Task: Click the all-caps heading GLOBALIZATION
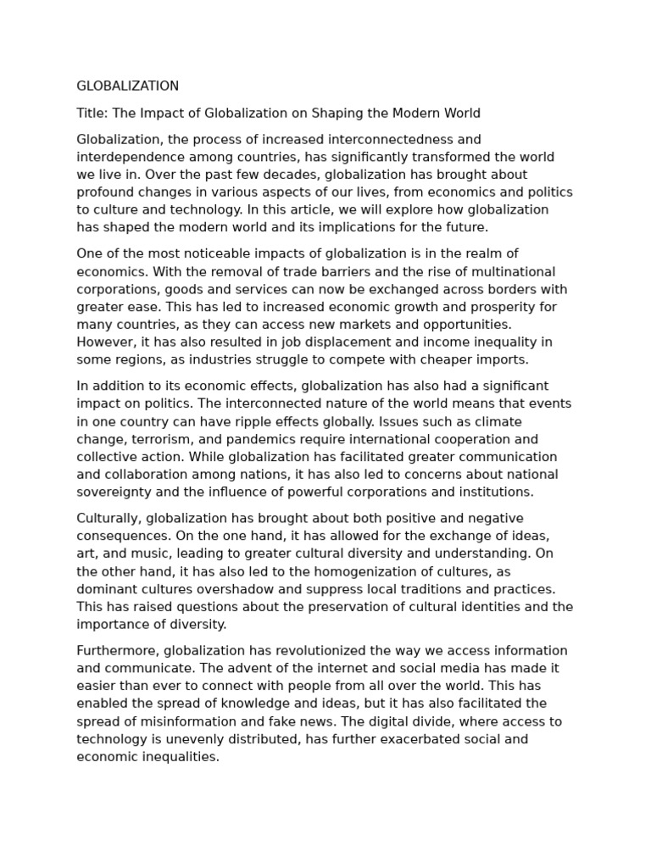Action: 127,86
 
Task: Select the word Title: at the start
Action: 92,113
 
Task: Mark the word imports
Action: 500,359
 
